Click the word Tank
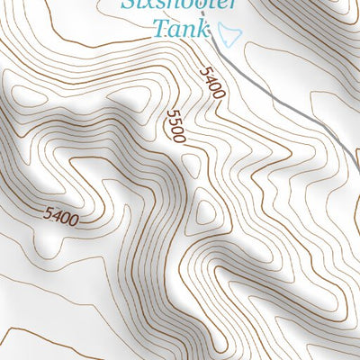click(184, 28)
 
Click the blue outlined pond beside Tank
click(229, 35)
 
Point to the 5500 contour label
click(175, 127)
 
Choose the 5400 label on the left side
click(60, 216)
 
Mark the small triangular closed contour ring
click(206, 212)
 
